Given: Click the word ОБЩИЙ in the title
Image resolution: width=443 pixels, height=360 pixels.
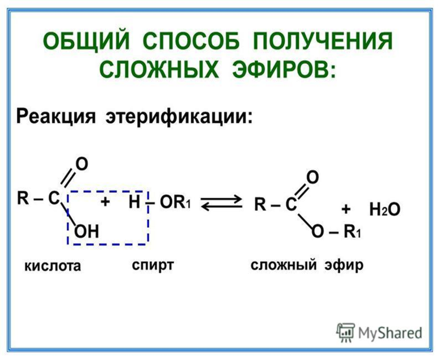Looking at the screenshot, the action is pyautogui.click(x=87, y=41).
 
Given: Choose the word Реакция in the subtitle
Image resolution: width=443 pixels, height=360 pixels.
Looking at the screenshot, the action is pyautogui.click(x=56, y=116).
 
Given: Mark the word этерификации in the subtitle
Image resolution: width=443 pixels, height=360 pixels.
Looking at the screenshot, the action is pyautogui.click(x=178, y=116).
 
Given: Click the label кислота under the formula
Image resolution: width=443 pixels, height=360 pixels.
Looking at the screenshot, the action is pyautogui.click(x=53, y=266).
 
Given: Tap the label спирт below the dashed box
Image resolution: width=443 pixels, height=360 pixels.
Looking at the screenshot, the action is pyautogui.click(x=152, y=266).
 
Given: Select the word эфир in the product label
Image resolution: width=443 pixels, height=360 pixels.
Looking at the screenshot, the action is pyautogui.click(x=344, y=265).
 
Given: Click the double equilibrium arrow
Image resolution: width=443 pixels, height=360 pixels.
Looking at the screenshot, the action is pyautogui.click(x=221, y=203).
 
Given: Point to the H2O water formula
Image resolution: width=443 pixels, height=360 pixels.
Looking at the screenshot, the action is pyautogui.click(x=385, y=210).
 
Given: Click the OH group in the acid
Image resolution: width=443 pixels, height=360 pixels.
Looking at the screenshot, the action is pyautogui.click(x=87, y=232).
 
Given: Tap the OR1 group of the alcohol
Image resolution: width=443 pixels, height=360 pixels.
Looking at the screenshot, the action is pyautogui.click(x=175, y=202).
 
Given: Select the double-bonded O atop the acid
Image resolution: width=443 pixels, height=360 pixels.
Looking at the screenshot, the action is pyautogui.click(x=82, y=164).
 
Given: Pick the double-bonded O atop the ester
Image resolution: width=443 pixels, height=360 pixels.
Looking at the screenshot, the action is pyautogui.click(x=313, y=177).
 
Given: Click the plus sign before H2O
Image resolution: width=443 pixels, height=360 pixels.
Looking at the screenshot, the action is pyautogui.click(x=346, y=209).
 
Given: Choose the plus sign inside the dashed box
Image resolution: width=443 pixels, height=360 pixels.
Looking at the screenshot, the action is pyautogui.click(x=105, y=202).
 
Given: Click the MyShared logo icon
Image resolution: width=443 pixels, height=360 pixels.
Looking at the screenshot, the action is pyautogui.click(x=345, y=333).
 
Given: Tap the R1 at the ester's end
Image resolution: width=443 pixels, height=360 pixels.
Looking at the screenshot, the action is pyautogui.click(x=352, y=232).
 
